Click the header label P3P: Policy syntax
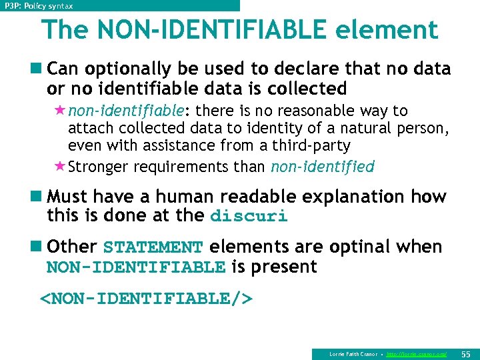[39, 5]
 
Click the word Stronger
[97, 167]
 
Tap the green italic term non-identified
[323, 167]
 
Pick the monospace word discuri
[249, 217]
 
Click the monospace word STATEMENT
[153, 247]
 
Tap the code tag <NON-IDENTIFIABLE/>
[147, 299]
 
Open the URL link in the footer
[417, 353]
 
